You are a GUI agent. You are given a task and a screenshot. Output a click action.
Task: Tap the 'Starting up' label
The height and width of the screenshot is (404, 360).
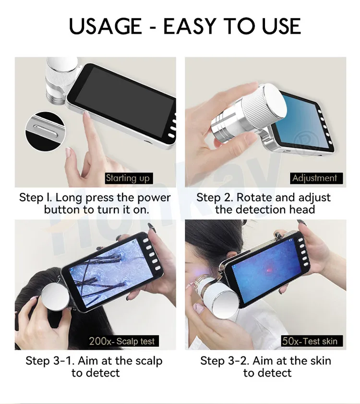128,178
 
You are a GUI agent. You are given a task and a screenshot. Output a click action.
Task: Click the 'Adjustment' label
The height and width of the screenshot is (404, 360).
314,178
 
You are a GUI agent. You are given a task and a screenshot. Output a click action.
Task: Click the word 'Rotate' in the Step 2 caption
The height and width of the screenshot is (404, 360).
255,197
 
